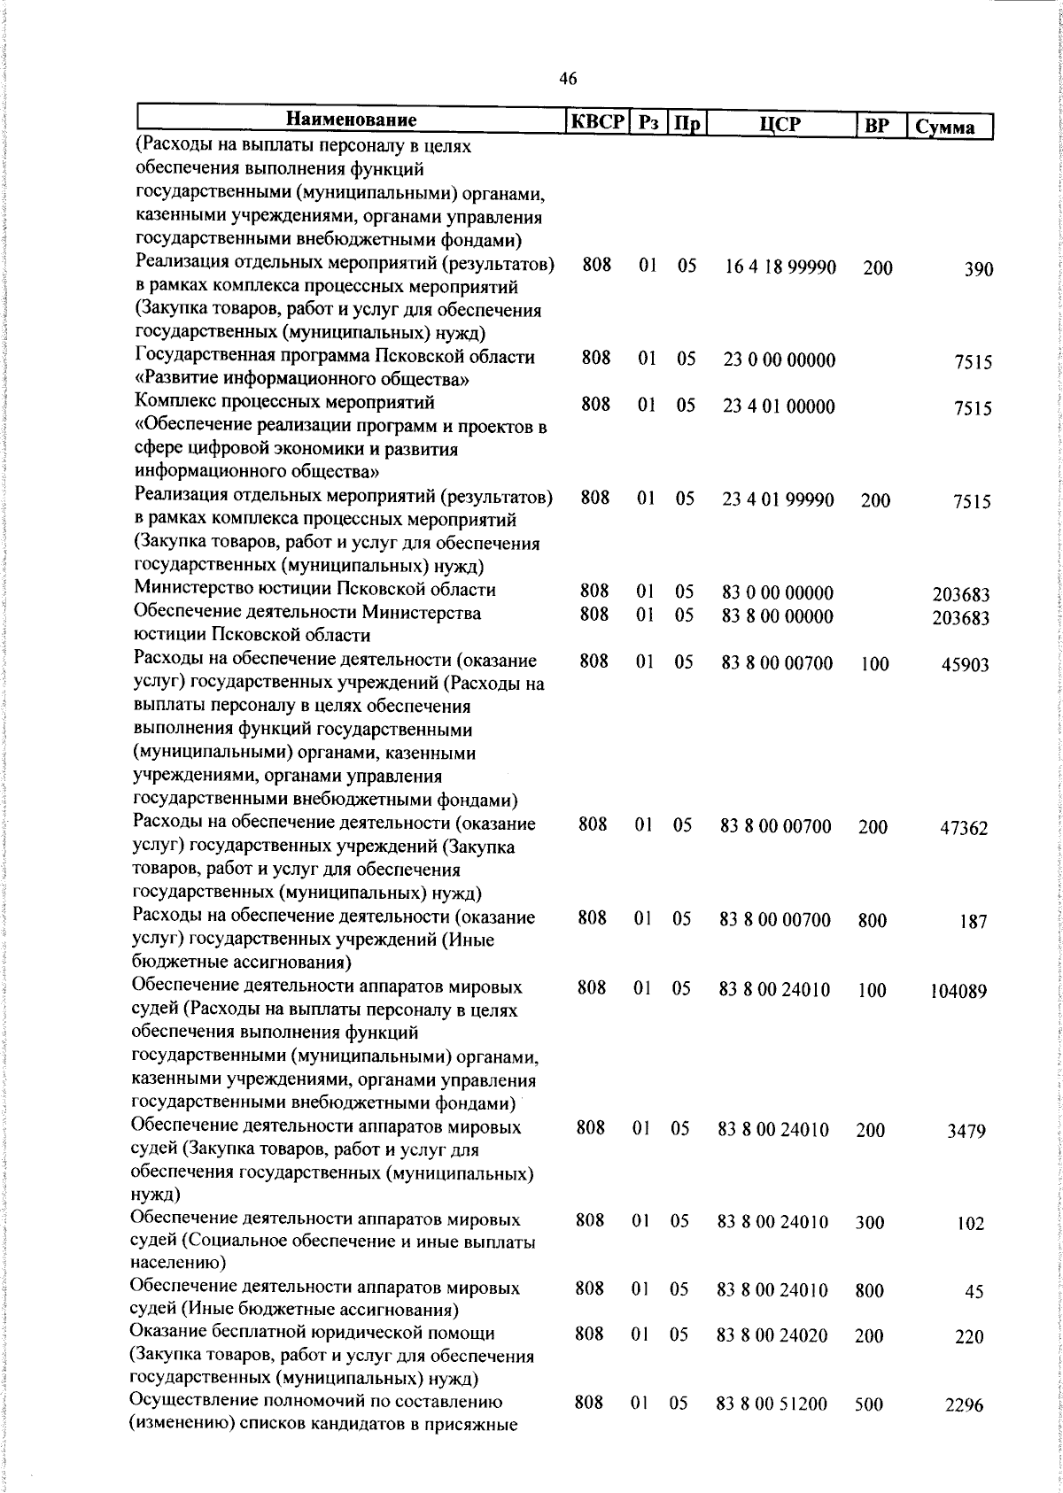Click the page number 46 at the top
coord(569,80)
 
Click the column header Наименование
coord(351,120)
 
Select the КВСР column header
coord(597,122)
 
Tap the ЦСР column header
coord(780,124)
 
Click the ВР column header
coord(876,126)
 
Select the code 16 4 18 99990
coord(780,267)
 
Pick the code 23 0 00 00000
coord(779,360)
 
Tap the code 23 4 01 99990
coord(778,500)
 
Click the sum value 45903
coord(965,665)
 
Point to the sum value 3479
coord(967,1132)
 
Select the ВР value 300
coord(870,1223)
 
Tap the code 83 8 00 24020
coord(772,1337)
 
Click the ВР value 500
coord(869,1404)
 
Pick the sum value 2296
coord(964,1406)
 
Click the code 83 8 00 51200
coord(772,1404)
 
